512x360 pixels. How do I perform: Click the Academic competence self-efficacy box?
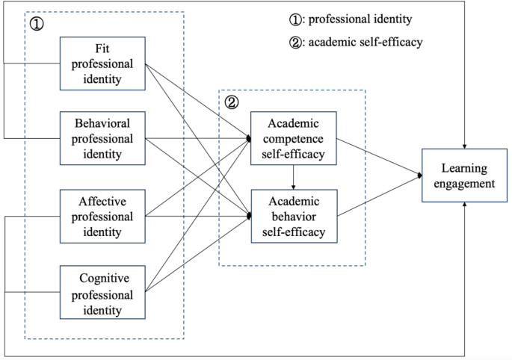point(293,138)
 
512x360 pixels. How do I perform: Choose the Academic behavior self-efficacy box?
point(293,216)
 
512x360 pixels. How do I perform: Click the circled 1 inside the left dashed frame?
point(37,25)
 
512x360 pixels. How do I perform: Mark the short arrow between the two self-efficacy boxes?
point(293,177)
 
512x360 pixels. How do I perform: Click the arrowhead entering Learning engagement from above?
point(465,146)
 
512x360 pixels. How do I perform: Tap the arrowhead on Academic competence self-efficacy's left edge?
point(248,138)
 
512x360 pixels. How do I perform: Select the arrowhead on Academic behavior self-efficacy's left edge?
point(248,216)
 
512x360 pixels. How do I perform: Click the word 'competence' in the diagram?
point(293,138)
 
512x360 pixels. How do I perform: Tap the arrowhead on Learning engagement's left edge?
point(420,176)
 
